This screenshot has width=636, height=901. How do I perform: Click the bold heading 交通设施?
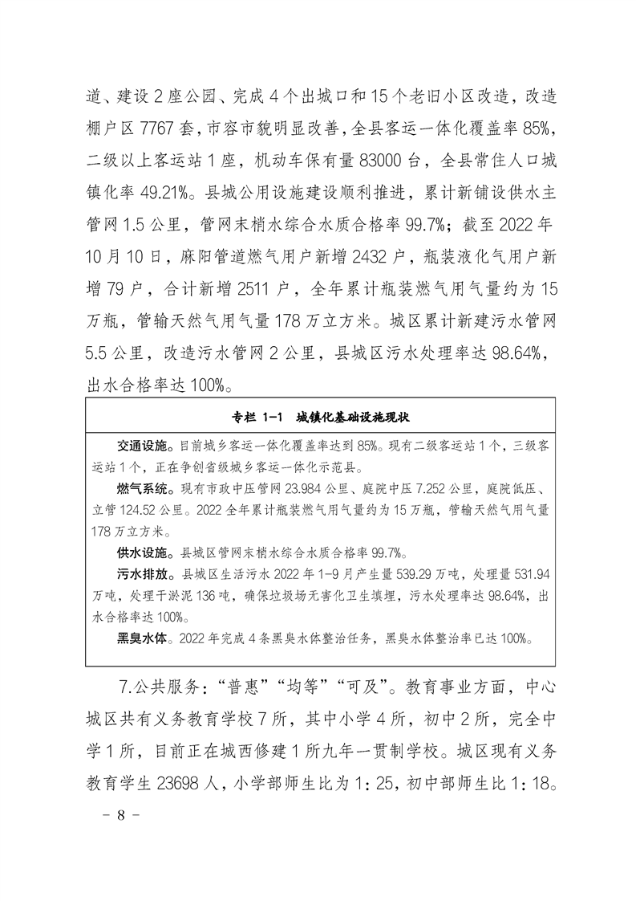[145, 444]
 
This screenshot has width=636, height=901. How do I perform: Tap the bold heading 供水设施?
[145, 552]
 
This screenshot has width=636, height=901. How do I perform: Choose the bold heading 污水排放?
[145, 574]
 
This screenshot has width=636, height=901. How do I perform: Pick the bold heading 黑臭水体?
[145, 639]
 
